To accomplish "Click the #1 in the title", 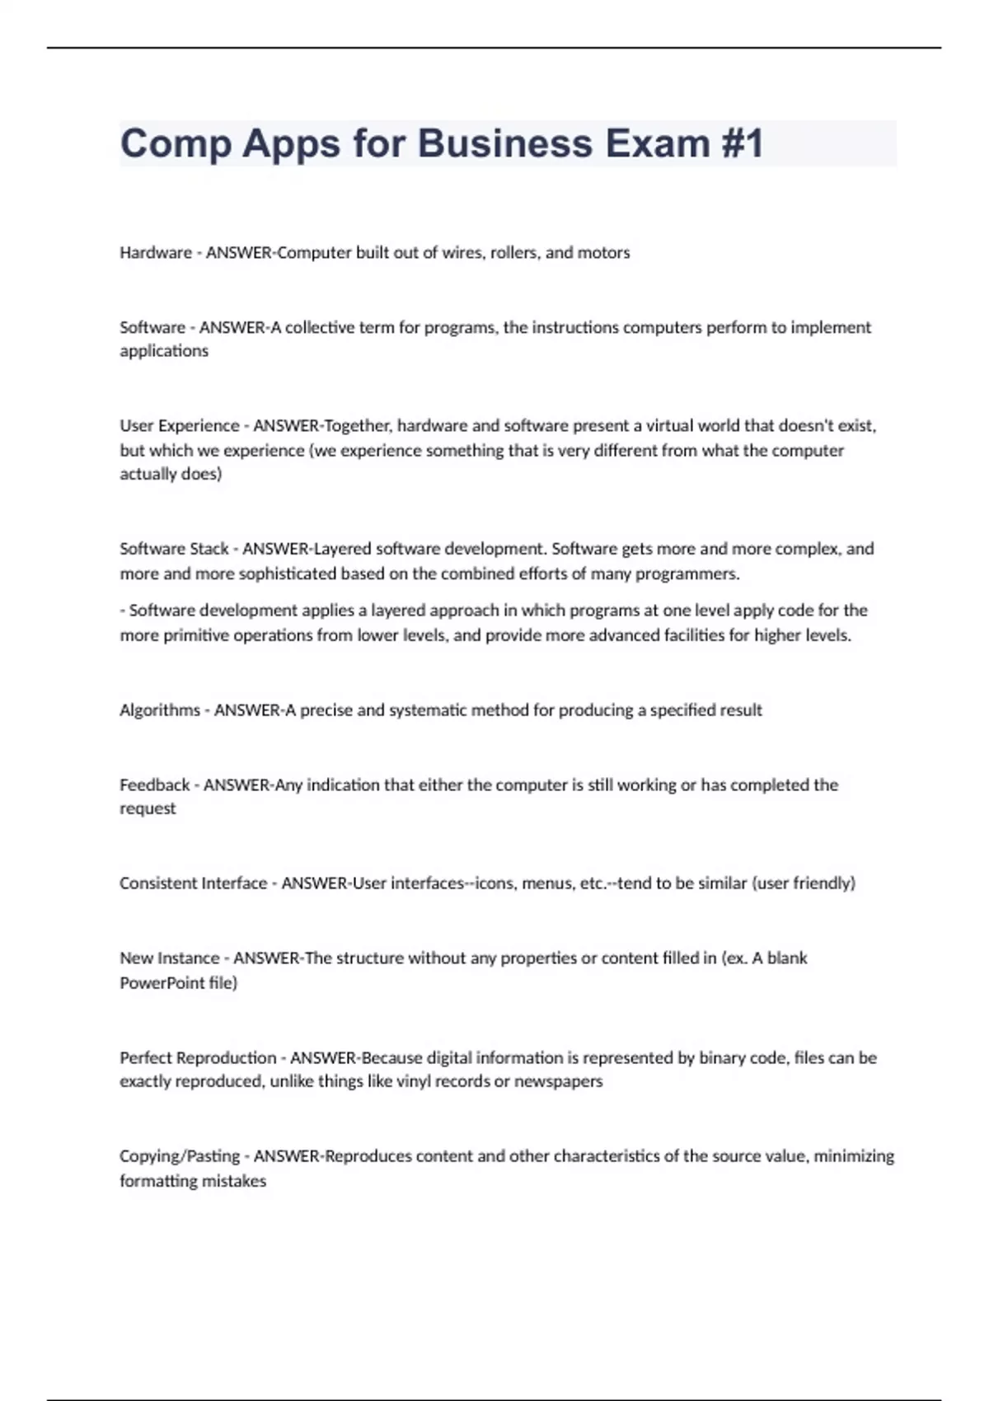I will (743, 143).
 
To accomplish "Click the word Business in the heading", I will (505, 143).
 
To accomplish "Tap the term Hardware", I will (156, 253).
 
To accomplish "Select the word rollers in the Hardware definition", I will (513, 253).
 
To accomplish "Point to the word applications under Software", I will (164, 351).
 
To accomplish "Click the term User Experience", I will (180, 426).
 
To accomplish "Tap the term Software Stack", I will (174, 549).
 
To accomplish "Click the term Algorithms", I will (160, 710).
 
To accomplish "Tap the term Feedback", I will (155, 785).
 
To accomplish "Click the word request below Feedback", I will (148, 808).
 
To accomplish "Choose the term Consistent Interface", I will (194, 883).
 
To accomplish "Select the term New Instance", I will (170, 958).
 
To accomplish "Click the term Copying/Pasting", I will (180, 1156).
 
